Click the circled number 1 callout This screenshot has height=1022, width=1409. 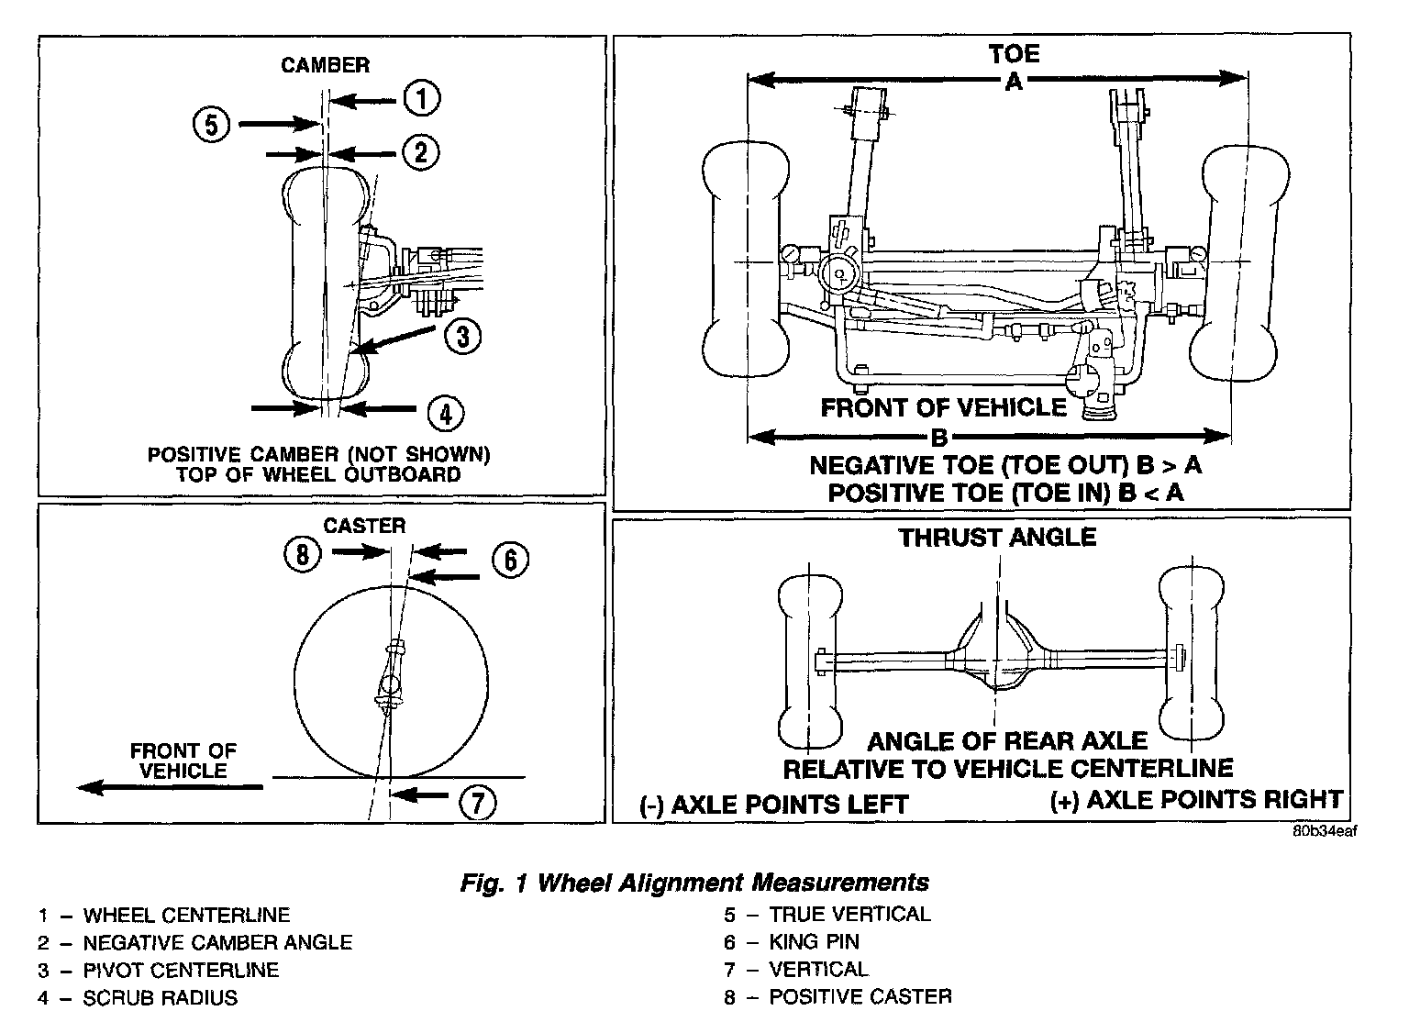(421, 98)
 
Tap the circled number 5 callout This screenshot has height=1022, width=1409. (212, 123)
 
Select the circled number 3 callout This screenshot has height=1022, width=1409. (462, 337)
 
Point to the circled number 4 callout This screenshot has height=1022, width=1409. (445, 413)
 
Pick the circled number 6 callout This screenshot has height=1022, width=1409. (510, 560)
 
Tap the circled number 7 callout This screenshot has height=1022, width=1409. (477, 804)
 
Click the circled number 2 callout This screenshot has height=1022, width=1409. (420, 151)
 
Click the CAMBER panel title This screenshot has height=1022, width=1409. (325, 65)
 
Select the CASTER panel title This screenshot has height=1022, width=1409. (364, 526)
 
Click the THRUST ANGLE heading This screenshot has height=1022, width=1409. (997, 537)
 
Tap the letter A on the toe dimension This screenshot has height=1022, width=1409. (1013, 82)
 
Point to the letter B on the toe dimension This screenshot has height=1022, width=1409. (939, 436)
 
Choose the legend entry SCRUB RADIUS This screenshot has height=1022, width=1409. (160, 997)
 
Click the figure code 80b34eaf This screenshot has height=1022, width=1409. (1324, 832)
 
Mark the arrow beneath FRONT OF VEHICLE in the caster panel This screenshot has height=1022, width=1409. (171, 787)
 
